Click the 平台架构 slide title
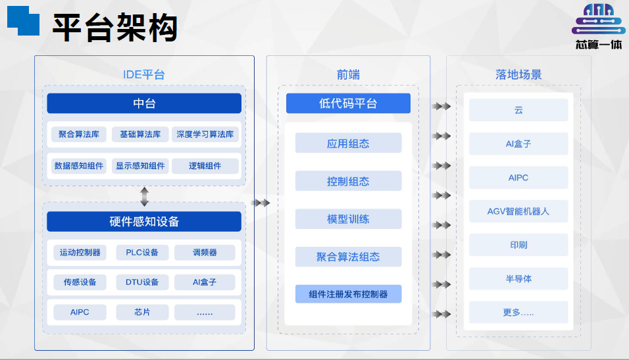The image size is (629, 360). tap(114, 28)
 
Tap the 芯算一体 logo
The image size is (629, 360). tap(599, 26)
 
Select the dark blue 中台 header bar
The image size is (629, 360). tap(144, 103)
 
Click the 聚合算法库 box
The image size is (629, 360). tap(79, 134)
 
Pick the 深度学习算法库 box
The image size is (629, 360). tap(205, 134)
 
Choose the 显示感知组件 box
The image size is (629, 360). tap(140, 166)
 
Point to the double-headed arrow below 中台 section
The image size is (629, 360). tap(144, 197)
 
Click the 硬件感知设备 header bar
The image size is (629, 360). tap(144, 222)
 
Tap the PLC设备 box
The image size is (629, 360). tap(142, 253)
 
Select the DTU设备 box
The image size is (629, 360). tap(142, 282)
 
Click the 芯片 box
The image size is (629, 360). tap(142, 312)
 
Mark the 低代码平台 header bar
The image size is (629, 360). tap(348, 103)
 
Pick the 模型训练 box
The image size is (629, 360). tap(348, 219)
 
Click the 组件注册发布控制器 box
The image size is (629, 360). tap(348, 294)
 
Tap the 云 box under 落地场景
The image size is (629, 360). tap(518, 110)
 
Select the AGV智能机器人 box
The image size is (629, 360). tap(518, 211)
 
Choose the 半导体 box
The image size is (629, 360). tap(518, 278)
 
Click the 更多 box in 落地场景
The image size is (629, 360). tap(518, 312)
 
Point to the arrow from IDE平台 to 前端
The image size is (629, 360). tap(261, 203)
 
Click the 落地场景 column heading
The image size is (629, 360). tap(518, 74)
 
